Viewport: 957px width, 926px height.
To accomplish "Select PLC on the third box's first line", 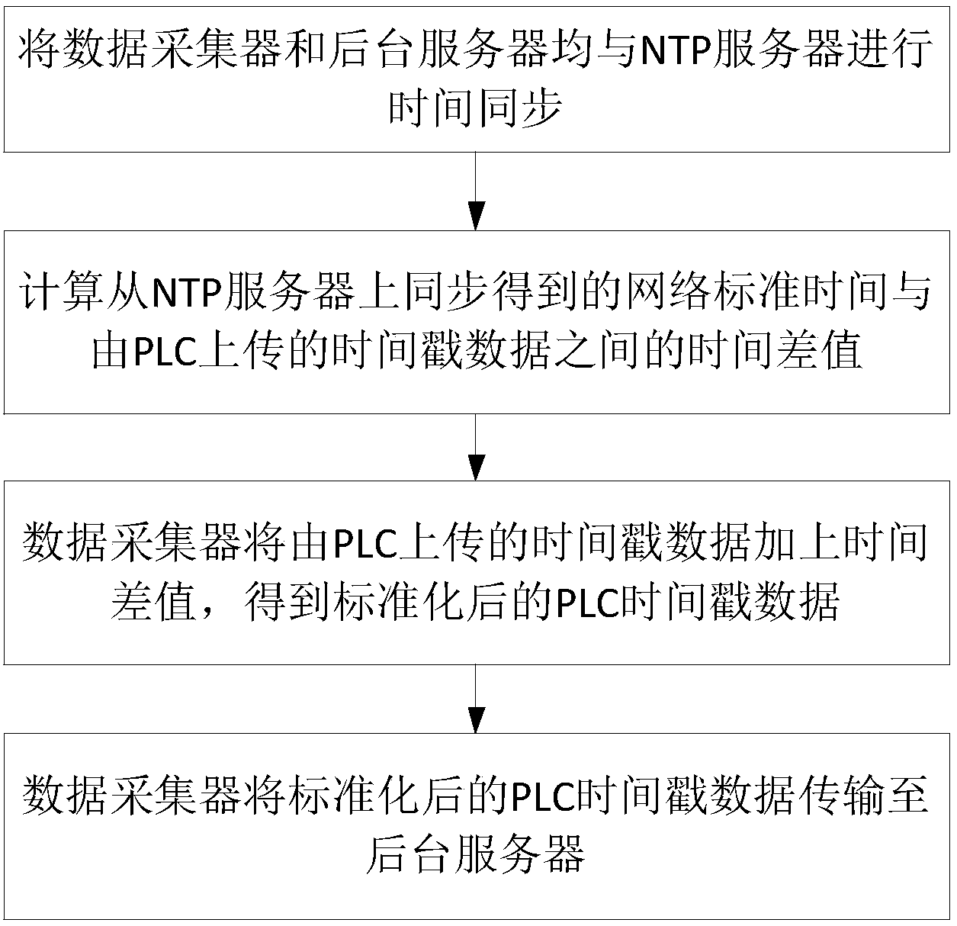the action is point(365,543).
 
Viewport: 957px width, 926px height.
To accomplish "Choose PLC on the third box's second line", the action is point(588,603).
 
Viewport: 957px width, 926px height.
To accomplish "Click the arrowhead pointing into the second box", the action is point(476,216).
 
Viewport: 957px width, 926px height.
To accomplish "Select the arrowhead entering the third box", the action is point(476,467).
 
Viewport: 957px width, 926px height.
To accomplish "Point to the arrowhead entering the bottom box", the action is point(476,720).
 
